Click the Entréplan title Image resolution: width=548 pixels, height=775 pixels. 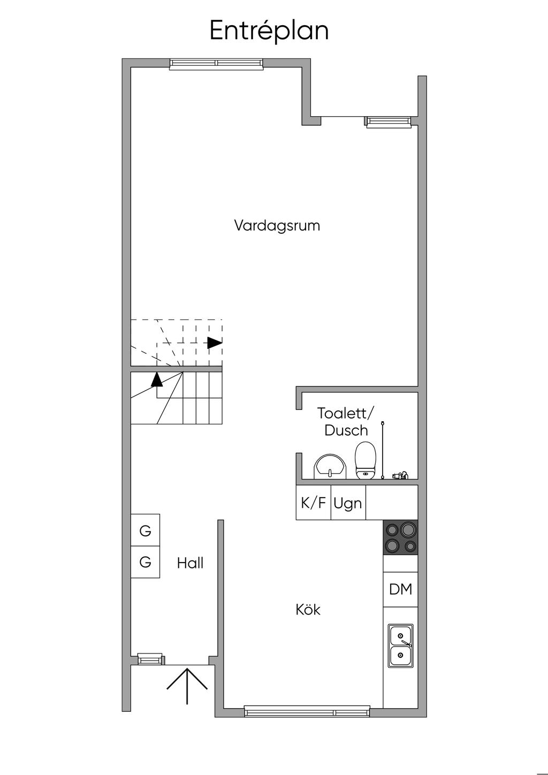(269, 31)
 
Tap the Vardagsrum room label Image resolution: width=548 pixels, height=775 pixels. (277, 225)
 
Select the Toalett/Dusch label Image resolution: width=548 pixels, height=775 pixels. (346, 422)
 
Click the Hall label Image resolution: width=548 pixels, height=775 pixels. (190, 563)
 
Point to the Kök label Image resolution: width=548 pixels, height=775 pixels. (308, 610)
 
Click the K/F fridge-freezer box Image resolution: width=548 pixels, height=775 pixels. (314, 503)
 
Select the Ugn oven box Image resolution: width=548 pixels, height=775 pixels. (348, 503)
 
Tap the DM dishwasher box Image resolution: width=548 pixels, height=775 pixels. (401, 589)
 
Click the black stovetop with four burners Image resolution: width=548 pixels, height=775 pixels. (401, 537)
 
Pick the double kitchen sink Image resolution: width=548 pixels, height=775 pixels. (401, 645)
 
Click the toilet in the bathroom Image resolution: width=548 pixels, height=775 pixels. (366, 460)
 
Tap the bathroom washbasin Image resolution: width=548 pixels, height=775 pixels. (330, 467)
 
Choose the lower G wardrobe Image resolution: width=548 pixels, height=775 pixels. (146, 562)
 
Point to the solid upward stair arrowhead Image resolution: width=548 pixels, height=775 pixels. (157, 379)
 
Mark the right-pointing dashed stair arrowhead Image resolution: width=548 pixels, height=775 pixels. (215, 343)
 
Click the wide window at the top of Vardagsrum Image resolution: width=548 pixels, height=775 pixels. (216, 64)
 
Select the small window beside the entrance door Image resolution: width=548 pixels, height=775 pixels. (150, 659)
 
